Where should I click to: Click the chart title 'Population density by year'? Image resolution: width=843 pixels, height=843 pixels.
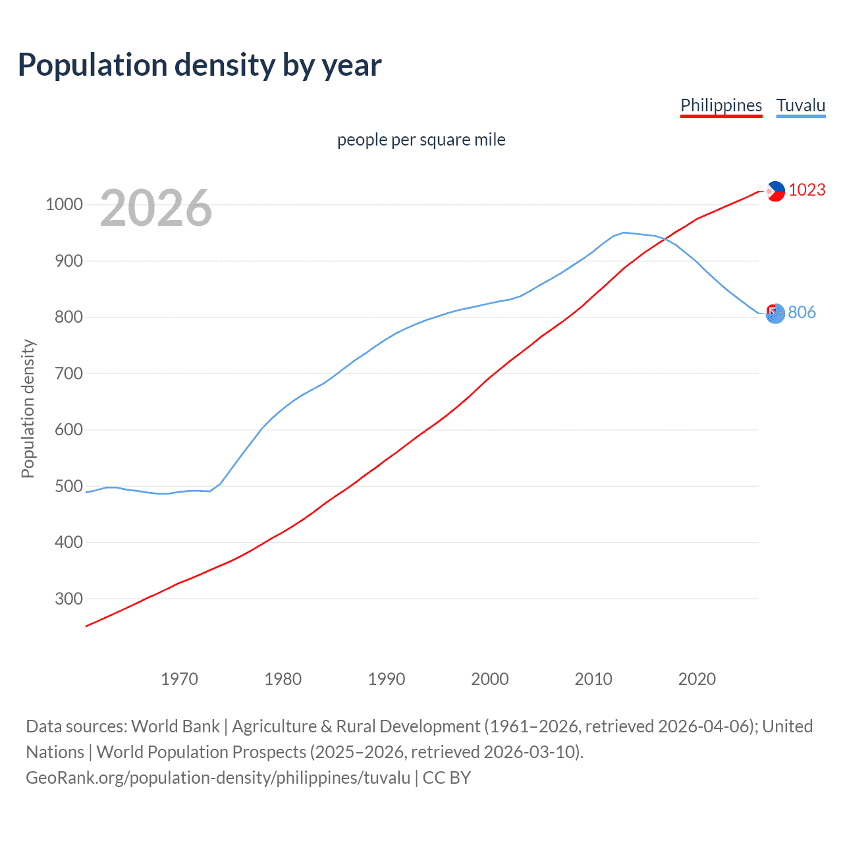[200, 65]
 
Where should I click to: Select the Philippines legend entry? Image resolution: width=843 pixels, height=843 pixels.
[721, 105]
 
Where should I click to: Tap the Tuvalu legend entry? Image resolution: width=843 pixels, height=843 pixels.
[801, 105]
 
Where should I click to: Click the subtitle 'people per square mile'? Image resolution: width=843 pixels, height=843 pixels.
[421, 140]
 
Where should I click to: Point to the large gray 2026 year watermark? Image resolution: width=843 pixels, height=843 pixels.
[156, 208]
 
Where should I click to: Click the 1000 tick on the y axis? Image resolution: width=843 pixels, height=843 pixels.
[64, 204]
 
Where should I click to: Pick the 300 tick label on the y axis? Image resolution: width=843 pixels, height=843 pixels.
[68, 599]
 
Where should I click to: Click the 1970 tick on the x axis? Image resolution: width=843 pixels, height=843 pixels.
[179, 679]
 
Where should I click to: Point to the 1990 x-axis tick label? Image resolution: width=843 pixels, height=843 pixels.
[387, 679]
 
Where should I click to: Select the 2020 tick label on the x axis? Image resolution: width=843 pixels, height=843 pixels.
[697, 679]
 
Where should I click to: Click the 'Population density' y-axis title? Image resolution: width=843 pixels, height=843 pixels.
[28, 408]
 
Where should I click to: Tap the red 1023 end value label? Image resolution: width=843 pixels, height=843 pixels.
[807, 190]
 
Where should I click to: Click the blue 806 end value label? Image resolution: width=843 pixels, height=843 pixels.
[802, 312]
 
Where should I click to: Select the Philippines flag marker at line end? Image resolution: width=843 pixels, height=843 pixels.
[776, 191]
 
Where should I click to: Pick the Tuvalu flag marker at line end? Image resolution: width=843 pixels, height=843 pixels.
[776, 313]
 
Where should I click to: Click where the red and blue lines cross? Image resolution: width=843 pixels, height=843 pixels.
[663, 240]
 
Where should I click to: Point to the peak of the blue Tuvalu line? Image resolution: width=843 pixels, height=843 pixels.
[624, 232]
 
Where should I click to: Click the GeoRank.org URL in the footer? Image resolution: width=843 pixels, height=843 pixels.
[218, 778]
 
